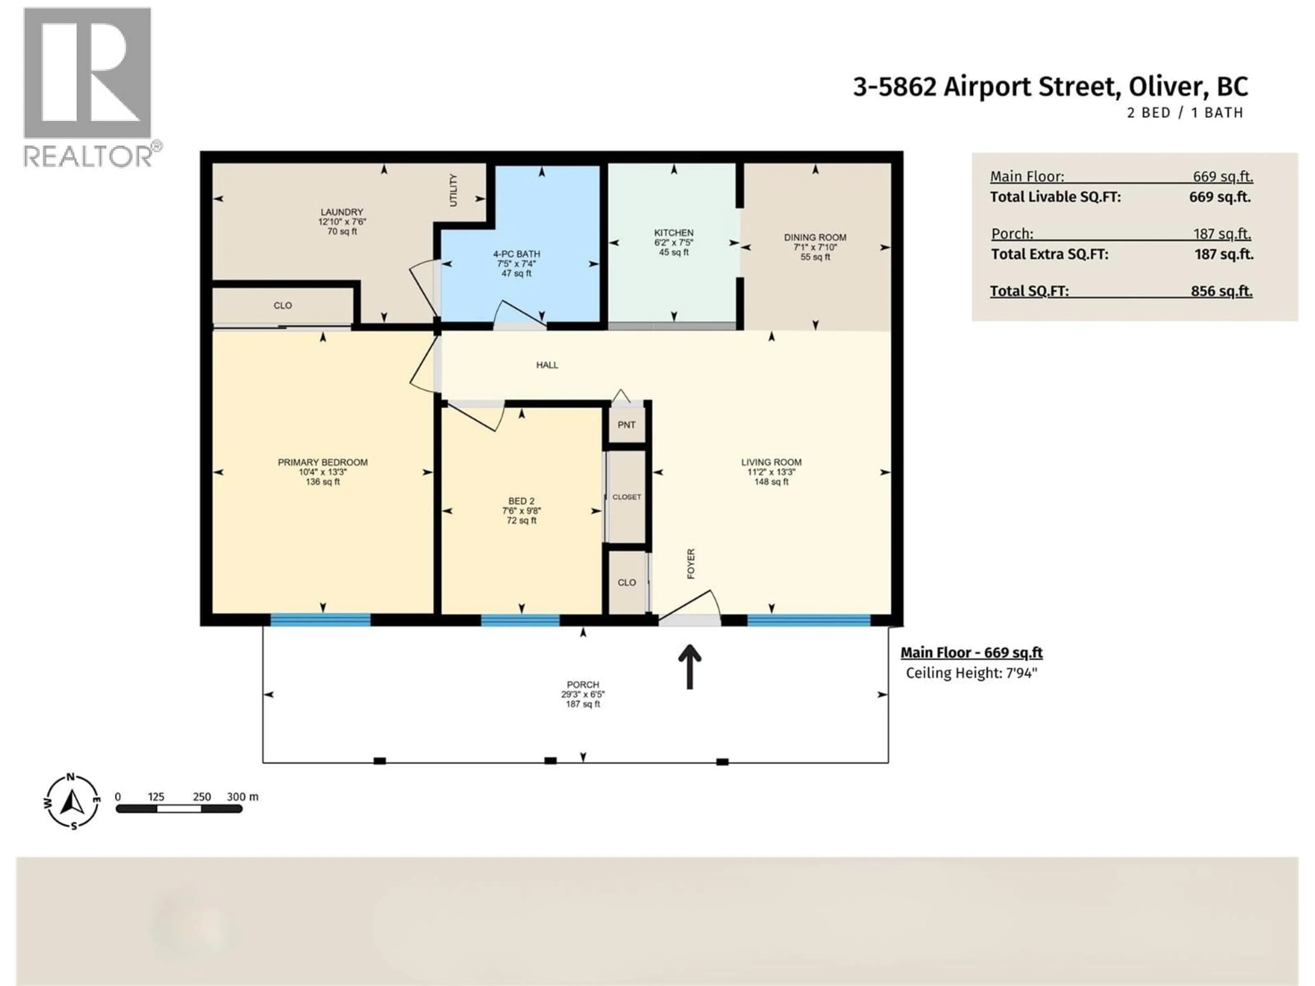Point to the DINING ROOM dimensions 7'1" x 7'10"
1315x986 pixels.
point(815,247)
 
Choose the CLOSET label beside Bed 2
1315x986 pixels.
point(627,497)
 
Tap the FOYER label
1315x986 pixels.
point(691,564)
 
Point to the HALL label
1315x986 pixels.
point(547,365)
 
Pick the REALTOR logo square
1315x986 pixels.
point(87,73)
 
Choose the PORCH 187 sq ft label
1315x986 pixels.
point(583,694)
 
